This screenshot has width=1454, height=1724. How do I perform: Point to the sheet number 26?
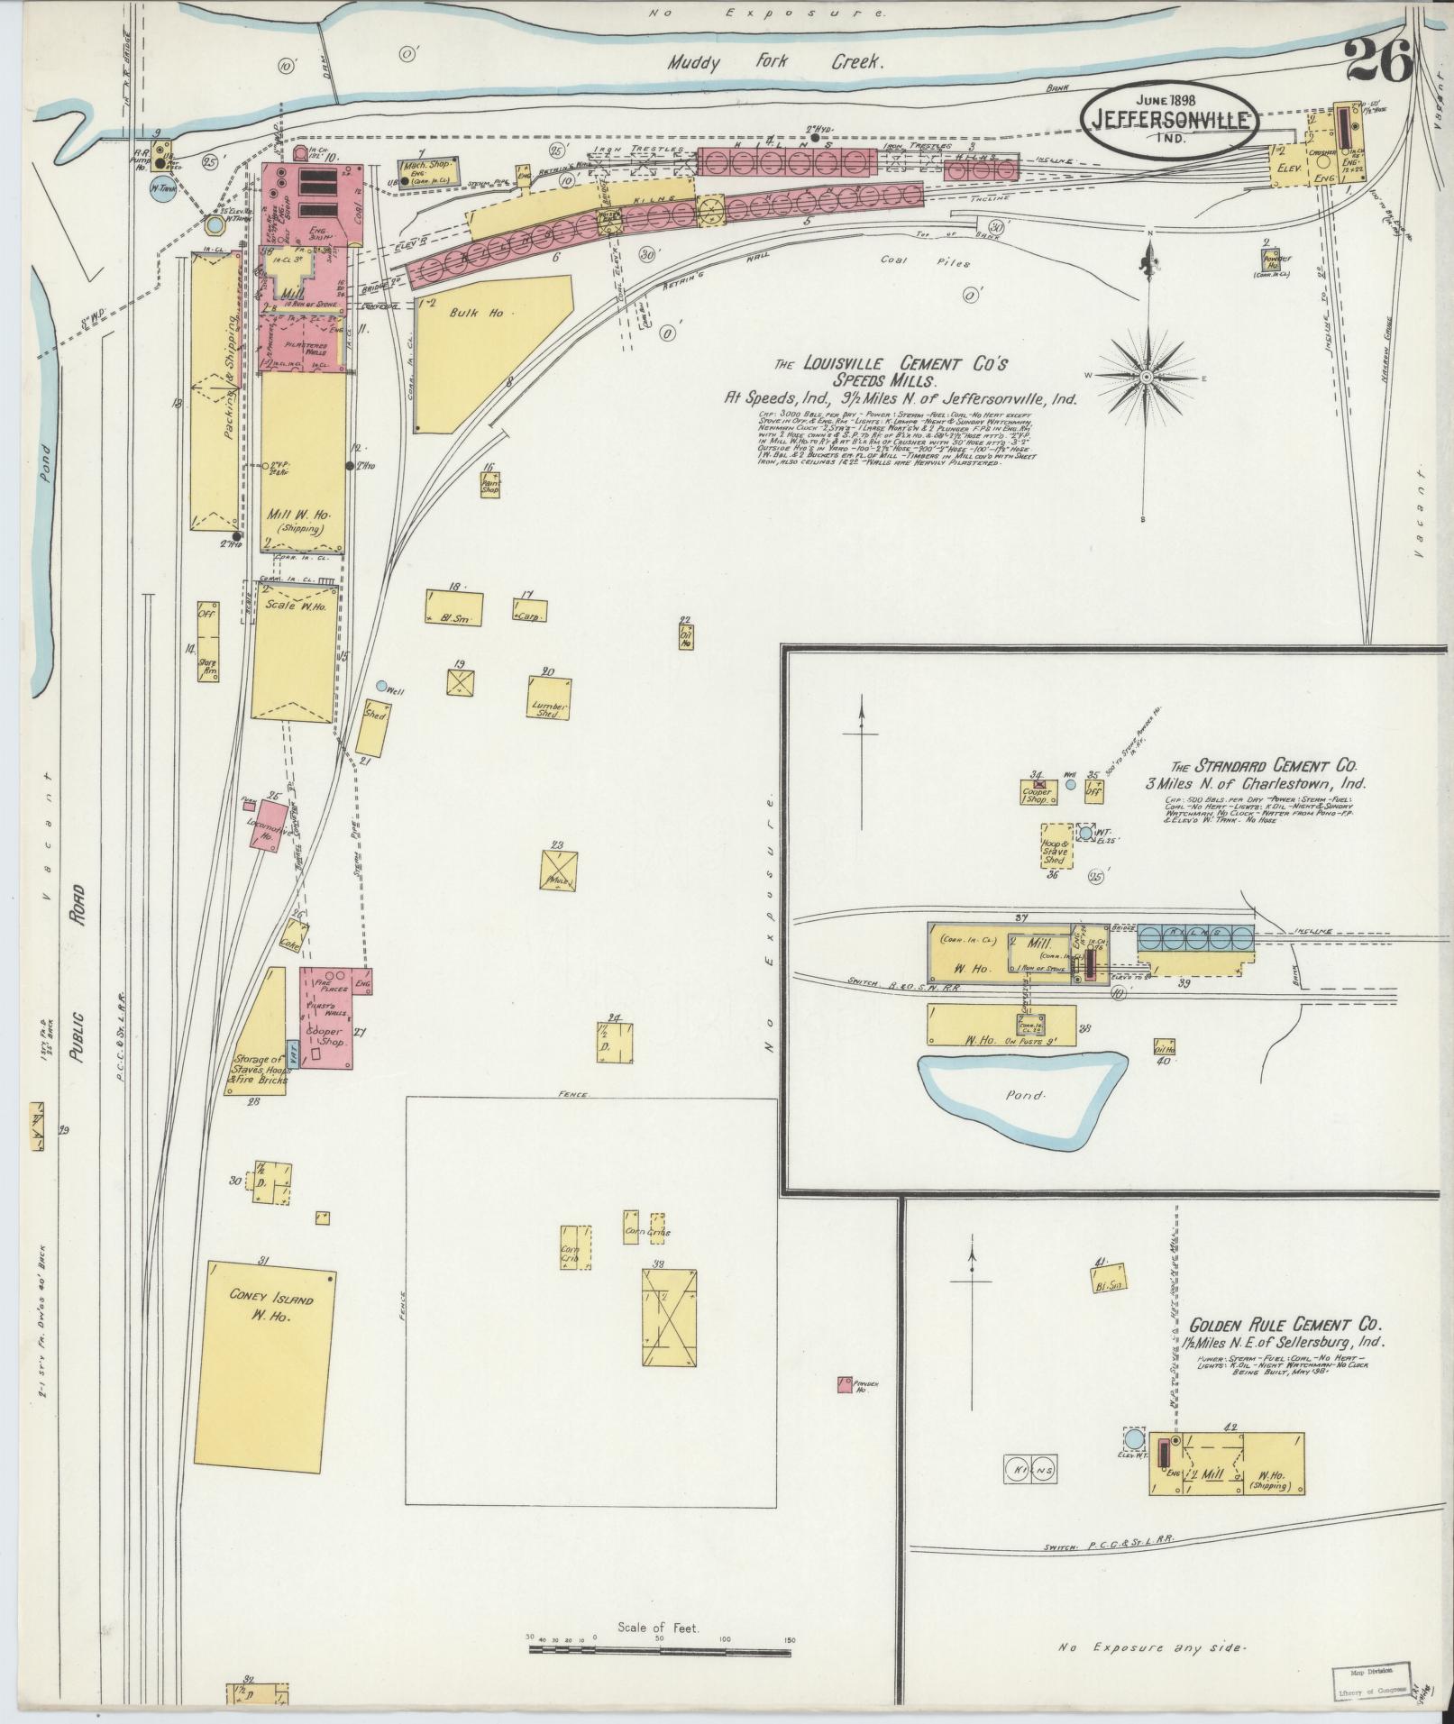(x=1377, y=62)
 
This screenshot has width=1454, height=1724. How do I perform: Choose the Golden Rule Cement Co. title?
(x=1285, y=1325)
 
